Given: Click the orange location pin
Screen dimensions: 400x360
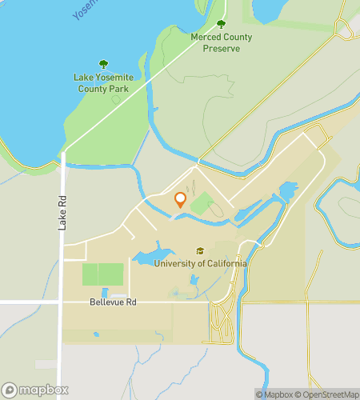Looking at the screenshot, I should click(180, 200).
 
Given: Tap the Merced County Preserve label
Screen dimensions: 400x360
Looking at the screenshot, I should click(221, 42).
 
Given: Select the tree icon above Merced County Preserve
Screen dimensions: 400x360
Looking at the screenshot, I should click(221, 25).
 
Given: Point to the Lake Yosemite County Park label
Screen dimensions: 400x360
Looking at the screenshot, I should click(101, 83).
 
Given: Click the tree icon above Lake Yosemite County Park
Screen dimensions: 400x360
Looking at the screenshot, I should click(102, 64).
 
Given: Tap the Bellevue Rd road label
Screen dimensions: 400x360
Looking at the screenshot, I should click(113, 302).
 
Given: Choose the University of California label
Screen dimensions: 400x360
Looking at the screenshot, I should click(200, 263).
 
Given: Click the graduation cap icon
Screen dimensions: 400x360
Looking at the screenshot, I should click(200, 250).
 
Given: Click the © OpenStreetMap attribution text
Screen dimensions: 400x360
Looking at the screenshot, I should click(326, 394).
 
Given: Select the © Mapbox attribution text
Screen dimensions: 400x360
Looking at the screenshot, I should click(274, 394).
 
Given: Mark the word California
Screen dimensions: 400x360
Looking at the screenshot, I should click(225, 263).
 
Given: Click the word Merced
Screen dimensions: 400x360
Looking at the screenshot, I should click(206, 37).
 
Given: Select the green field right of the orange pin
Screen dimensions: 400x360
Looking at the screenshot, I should click(202, 203).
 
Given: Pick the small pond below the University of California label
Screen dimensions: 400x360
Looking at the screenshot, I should click(194, 281).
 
